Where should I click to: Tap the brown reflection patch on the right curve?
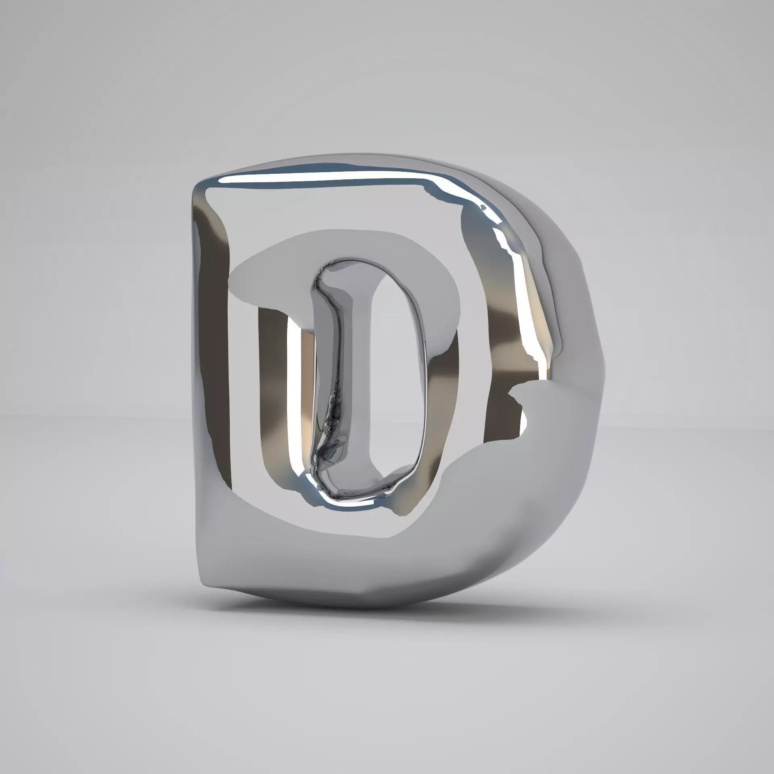[x=508, y=331]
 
